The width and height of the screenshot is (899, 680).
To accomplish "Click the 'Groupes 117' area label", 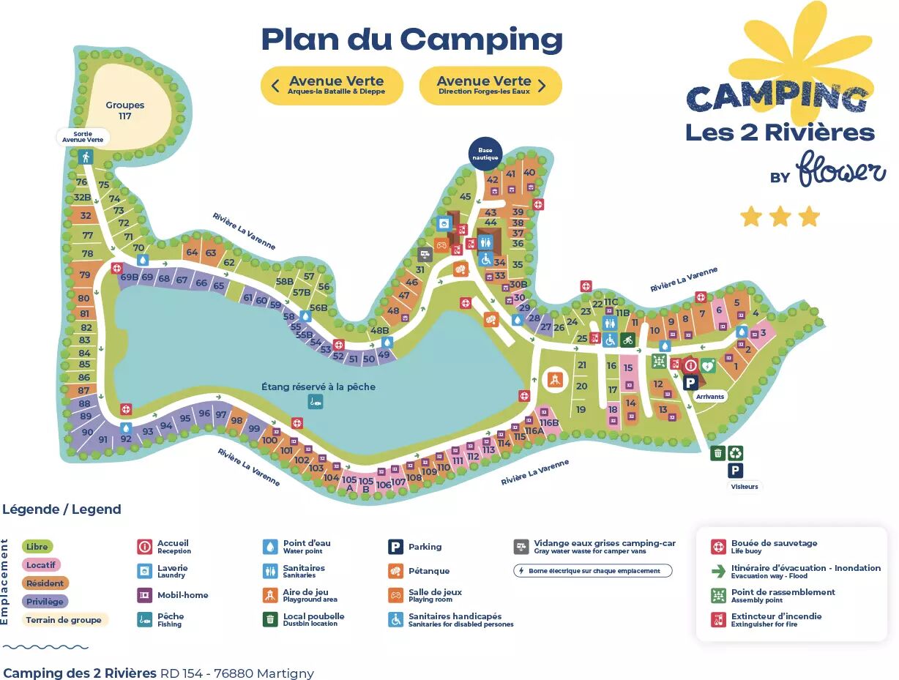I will click(x=124, y=111).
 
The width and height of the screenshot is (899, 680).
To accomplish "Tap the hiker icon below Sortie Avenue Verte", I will click(x=86, y=157).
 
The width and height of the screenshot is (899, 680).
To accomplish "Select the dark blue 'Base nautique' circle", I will click(x=485, y=154).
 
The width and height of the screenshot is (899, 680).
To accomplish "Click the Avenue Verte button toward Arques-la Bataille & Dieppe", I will click(x=332, y=86).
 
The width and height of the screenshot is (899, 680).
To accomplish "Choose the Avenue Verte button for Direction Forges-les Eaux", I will click(x=490, y=86).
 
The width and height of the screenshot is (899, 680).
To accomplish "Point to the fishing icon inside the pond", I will click(x=315, y=401).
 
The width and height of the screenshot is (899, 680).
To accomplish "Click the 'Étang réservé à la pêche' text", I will click(x=318, y=386).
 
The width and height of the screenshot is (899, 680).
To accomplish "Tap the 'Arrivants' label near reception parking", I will click(x=709, y=397).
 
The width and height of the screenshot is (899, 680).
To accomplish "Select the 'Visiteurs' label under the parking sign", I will click(x=744, y=487).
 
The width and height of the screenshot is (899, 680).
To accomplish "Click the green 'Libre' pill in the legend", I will click(x=37, y=547).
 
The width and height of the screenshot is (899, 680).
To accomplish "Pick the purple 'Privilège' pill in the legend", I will click(x=45, y=602).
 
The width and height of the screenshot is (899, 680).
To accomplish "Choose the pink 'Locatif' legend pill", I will click(x=41, y=565).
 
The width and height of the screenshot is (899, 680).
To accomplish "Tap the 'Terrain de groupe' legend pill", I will click(x=64, y=620).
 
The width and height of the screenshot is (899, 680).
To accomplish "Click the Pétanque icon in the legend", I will click(x=395, y=571).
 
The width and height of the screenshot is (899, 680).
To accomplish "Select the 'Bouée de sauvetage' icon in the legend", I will click(x=718, y=547).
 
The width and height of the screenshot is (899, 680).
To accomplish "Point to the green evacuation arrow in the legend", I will click(x=718, y=571).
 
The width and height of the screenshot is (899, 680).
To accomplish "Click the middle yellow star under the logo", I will click(x=780, y=217).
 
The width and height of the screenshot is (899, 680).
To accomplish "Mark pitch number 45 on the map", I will click(x=465, y=196).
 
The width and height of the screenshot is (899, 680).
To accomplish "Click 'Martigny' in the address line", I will click(x=286, y=673).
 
